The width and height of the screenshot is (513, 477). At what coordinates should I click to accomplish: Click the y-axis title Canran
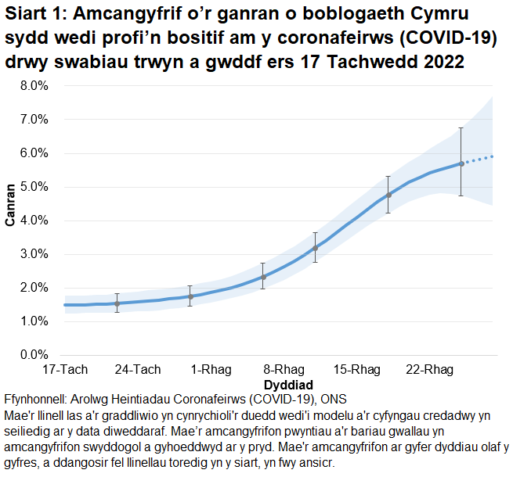coord(10,206)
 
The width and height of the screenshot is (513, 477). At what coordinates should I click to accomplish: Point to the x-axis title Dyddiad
coord(288,385)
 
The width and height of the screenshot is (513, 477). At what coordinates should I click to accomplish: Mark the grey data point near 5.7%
coord(461,163)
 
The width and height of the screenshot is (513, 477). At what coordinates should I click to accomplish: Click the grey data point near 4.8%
coord(388,195)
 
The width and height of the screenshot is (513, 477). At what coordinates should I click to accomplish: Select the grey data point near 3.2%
coord(316,248)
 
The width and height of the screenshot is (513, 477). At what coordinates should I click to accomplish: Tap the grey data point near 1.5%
coord(117,303)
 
